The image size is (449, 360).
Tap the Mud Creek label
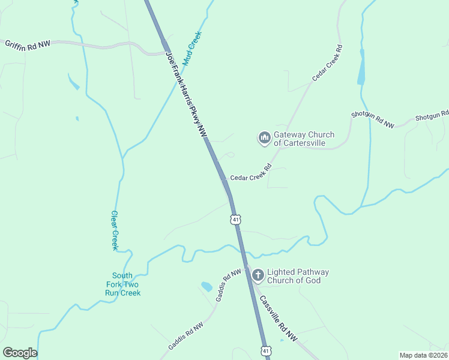[x=193, y=48]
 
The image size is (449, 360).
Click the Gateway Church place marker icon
[x=264, y=139]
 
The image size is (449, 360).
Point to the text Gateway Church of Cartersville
[x=304, y=139]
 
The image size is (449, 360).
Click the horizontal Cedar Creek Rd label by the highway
[x=251, y=178]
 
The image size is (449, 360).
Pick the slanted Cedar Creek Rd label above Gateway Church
[x=327, y=63]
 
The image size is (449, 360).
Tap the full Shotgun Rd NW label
[x=373, y=119]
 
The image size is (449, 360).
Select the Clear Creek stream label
[x=115, y=230]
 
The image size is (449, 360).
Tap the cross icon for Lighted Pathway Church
[x=258, y=276]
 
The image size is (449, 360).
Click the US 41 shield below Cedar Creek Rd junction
[x=235, y=220]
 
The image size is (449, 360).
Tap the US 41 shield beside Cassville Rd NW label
[x=265, y=350]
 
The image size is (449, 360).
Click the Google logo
[x=20, y=353]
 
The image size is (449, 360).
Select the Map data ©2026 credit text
[x=423, y=355]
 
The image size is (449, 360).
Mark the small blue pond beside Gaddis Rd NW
[x=206, y=287]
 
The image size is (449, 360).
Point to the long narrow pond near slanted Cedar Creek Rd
[x=361, y=66]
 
